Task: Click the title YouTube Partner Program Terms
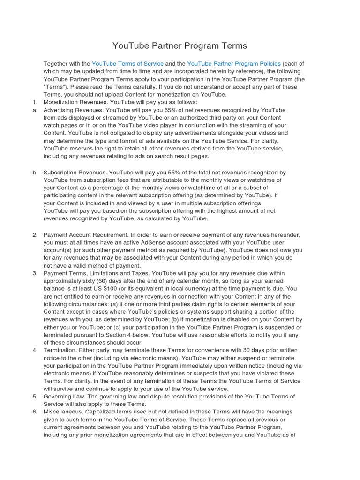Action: click(x=180, y=46)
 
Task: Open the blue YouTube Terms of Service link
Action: click(x=127, y=63)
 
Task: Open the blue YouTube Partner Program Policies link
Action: click(x=233, y=63)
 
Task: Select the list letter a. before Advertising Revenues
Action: click(x=35, y=110)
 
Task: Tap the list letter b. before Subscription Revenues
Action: click(x=35, y=172)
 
